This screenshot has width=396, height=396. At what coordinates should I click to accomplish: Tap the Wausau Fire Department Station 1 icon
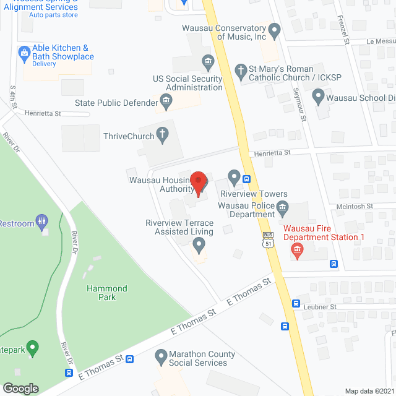(x=297, y=250)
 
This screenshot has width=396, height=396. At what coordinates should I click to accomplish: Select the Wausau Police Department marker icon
(x=282, y=207)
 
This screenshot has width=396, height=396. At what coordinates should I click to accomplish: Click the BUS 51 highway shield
(x=268, y=239)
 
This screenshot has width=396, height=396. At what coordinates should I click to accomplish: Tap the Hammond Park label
(x=107, y=293)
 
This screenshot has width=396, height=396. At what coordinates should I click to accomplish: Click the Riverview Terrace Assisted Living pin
(x=199, y=246)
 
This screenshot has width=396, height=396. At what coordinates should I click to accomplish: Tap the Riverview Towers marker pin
(x=234, y=178)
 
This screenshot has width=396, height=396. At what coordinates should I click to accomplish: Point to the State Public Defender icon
(x=166, y=100)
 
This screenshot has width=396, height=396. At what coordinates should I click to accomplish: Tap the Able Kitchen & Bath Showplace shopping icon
(x=24, y=51)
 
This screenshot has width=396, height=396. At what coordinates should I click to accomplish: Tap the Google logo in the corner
(x=20, y=388)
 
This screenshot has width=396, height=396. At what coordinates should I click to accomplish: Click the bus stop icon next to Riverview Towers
(x=247, y=180)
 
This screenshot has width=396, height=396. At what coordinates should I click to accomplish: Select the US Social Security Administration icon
(x=208, y=61)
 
